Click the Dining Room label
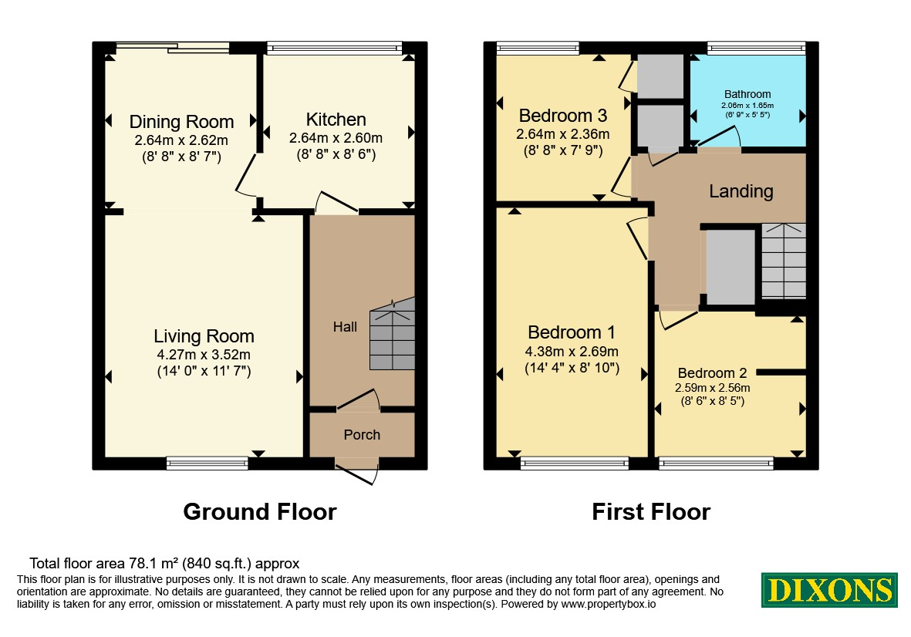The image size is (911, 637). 181,122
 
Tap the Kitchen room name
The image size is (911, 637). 336,120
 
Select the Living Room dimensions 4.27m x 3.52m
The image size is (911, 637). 204,355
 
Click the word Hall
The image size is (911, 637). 345,327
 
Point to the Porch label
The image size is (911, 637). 362,435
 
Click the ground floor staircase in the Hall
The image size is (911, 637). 393,334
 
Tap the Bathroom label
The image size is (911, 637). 747,94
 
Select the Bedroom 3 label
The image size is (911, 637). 562,116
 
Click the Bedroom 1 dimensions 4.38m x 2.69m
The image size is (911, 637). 571,352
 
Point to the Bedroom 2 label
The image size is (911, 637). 712,372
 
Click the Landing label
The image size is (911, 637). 741,191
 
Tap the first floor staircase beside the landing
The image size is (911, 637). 784,261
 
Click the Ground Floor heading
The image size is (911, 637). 260,511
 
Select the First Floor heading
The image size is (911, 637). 651,511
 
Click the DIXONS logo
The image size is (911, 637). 830,590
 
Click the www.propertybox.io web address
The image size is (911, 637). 609,604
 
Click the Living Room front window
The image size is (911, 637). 207,463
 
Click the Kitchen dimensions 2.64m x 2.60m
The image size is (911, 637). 336,138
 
